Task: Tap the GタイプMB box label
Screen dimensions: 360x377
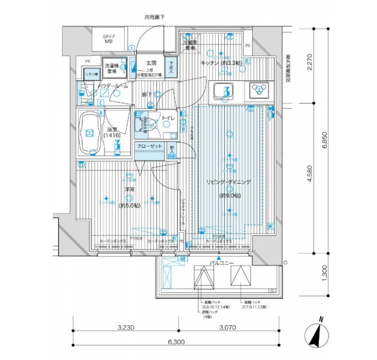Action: coord(110,40)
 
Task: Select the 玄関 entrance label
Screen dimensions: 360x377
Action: coord(150,62)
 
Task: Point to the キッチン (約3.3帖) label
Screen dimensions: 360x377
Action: coord(220,62)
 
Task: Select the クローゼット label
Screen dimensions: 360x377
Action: coord(147,146)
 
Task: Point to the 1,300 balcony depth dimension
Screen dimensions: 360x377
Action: coord(324,274)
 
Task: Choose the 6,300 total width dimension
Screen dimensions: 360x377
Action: coord(176,343)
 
